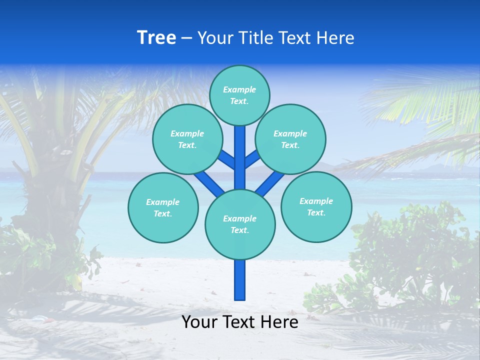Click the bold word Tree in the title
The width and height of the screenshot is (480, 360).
pyautogui.click(x=156, y=38)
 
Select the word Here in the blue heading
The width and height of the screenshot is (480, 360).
pyautogui.click(x=335, y=38)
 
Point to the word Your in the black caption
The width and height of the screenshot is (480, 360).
pyautogui.click(x=199, y=322)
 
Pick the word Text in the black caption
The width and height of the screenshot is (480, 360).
pyautogui.click(x=239, y=322)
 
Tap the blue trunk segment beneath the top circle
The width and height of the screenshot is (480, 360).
pyautogui.click(x=240, y=150)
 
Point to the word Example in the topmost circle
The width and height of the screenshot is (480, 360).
pyautogui.click(x=239, y=90)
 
